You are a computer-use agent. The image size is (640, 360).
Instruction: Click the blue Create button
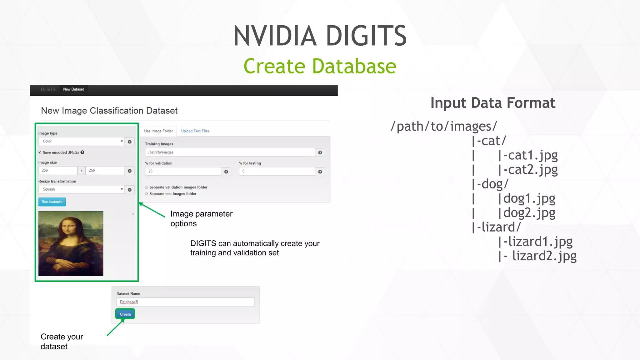click(x=125, y=314)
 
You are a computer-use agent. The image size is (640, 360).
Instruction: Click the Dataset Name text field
click(x=185, y=302)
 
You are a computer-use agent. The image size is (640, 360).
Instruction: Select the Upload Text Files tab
click(x=195, y=131)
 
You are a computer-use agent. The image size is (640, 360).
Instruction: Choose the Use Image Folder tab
click(x=158, y=131)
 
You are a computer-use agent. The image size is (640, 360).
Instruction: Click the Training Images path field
click(x=230, y=152)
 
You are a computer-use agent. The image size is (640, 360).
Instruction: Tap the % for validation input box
click(x=183, y=171)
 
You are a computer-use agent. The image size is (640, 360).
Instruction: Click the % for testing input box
click(x=277, y=171)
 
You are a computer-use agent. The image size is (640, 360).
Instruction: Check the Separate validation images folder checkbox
click(x=147, y=187)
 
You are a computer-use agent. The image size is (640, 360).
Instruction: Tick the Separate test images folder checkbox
click(x=147, y=194)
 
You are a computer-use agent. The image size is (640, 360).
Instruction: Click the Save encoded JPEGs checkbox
click(x=40, y=152)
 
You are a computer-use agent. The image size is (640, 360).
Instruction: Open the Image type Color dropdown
click(x=81, y=141)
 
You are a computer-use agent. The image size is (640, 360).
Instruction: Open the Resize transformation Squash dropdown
click(x=81, y=189)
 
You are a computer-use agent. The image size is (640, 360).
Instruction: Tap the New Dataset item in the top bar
click(x=73, y=89)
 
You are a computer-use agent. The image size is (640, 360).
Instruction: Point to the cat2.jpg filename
click(x=533, y=170)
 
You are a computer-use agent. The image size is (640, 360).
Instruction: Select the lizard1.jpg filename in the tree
click(x=540, y=242)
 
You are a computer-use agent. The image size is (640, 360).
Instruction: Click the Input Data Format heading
click(x=493, y=103)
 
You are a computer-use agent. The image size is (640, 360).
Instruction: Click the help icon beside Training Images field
click(x=320, y=152)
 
